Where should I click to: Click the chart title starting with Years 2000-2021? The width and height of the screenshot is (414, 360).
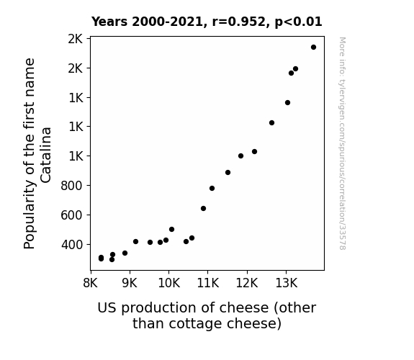coord(207,22)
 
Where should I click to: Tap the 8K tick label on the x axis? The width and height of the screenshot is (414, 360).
coord(90,283)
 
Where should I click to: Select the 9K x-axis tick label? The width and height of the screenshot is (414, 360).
coord(130,283)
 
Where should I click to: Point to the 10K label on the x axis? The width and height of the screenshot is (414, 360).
coord(169,283)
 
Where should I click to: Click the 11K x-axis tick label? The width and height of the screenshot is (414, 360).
coord(208,283)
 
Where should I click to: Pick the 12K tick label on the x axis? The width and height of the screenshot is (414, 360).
coord(247,283)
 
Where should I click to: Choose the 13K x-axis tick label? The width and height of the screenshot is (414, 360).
coord(287,283)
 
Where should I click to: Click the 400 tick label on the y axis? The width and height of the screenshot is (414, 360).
coord(72,245)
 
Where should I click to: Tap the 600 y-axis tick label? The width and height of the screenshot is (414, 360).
coord(72,215)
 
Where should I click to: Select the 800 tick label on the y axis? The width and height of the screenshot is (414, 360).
coord(72,186)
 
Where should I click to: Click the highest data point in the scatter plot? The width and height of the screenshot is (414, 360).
coord(313,48)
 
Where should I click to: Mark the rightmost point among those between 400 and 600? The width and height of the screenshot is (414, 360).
coord(192,238)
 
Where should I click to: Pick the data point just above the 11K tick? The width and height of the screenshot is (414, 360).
coord(212,189)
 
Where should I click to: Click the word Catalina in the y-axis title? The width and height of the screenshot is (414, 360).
coord(46,155)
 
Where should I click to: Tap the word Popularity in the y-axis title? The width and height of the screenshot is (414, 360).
coord(29,215)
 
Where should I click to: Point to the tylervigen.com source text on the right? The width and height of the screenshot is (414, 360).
coord(342,143)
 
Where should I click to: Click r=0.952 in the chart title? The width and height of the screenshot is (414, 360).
coord(239,22)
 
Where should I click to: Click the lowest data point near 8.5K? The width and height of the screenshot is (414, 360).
coord(112,260)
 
